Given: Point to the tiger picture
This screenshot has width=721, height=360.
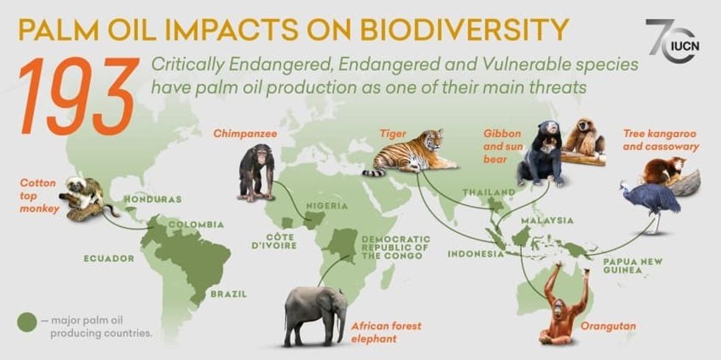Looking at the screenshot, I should (x=409, y=152).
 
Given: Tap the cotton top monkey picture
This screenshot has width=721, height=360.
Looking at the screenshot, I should (x=85, y=197).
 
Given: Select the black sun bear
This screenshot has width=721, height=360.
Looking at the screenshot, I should (x=540, y=155).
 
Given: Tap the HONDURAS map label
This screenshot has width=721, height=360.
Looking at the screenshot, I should (x=152, y=200).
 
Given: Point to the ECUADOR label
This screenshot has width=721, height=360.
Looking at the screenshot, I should (x=109, y=258).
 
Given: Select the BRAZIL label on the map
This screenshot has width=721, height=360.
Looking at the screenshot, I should (x=228, y=293).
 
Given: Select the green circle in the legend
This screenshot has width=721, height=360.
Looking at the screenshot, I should (x=28, y=322).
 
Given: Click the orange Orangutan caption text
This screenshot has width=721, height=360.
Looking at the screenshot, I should (x=608, y=325).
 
